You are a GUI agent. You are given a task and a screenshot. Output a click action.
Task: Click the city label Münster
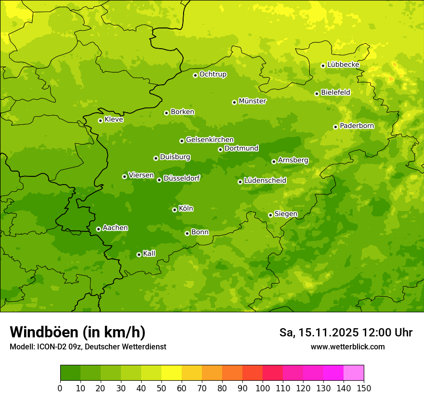252,101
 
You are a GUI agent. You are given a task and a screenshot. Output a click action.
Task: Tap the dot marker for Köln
174,210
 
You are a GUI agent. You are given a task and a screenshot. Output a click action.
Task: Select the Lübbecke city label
343,65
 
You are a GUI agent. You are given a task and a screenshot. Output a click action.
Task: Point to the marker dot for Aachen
98,229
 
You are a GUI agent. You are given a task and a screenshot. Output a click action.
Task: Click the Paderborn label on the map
357,126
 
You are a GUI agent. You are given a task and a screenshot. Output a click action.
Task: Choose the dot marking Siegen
270,215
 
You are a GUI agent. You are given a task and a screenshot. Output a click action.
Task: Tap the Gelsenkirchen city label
210,140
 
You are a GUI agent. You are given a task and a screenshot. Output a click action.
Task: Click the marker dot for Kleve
100,120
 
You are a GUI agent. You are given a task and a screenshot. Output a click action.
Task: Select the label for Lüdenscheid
265,181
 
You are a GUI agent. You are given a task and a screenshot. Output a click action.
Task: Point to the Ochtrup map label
212,74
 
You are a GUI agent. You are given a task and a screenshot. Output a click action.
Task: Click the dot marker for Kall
139,254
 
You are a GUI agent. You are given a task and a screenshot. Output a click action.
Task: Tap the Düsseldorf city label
181,178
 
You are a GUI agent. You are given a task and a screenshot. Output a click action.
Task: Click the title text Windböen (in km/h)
78,332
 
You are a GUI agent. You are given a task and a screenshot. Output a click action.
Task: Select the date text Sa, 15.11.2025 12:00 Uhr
345,333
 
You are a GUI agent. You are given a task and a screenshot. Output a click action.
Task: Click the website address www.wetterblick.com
347,347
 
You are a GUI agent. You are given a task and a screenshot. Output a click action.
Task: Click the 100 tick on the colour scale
263,388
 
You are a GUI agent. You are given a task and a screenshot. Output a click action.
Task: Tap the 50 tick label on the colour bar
161,388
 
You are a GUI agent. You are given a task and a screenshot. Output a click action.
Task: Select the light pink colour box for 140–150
354,373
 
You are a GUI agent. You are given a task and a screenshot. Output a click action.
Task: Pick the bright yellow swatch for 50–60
172,373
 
